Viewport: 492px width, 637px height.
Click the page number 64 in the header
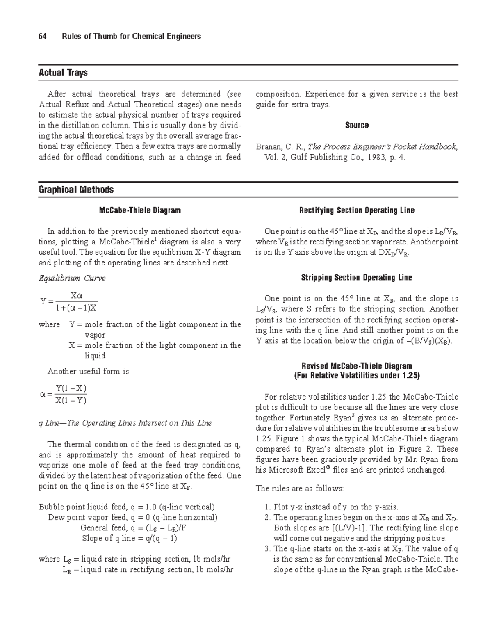(42, 37)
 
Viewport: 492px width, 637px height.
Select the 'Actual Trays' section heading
(63, 73)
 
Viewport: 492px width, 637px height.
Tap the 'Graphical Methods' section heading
(76, 190)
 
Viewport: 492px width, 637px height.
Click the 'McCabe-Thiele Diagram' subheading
(140, 210)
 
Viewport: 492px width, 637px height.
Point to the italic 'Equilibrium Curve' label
(72, 278)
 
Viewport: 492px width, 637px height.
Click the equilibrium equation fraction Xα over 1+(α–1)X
(76, 301)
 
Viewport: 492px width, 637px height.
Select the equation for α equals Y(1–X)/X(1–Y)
(64, 394)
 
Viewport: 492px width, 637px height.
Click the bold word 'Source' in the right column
(357, 125)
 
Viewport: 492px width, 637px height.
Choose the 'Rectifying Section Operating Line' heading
(357, 210)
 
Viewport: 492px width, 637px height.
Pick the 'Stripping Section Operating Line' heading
(357, 278)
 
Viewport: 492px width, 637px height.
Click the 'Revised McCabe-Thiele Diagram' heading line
(357, 366)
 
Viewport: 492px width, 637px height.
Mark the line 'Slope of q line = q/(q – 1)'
(129, 538)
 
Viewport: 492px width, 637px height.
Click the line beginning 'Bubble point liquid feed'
(126, 507)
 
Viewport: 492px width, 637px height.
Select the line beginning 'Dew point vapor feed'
(133, 517)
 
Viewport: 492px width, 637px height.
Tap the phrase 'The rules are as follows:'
(300, 489)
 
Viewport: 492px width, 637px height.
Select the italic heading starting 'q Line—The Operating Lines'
(125, 423)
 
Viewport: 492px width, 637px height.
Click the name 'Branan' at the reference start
(269, 146)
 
